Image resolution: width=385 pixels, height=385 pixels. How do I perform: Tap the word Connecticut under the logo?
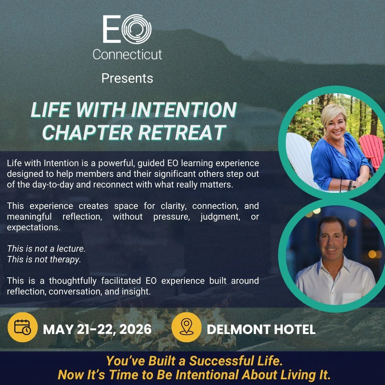(x=127, y=55)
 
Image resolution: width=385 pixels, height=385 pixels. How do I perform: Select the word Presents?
(x=127, y=78)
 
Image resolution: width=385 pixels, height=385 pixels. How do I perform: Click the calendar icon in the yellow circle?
(x=22, y=327)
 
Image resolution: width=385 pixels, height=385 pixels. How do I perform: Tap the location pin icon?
(x=187, y=327)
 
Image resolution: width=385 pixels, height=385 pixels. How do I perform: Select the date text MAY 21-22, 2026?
(x=97, y=329)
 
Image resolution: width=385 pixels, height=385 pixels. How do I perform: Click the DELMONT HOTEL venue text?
(x=261, y=329)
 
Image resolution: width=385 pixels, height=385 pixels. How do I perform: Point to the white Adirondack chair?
(x=301, y=157)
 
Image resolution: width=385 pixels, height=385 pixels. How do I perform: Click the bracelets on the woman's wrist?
(x=351, y=184)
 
